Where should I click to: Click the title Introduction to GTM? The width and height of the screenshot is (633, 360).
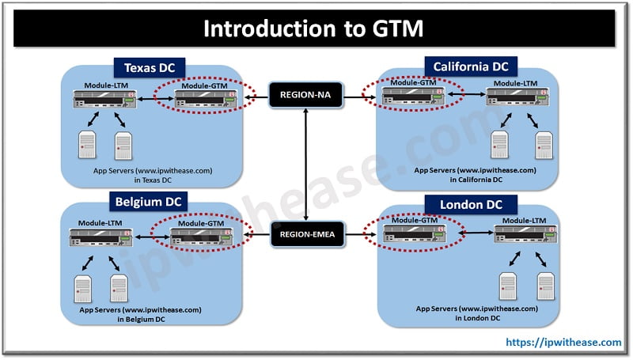click(315, 28)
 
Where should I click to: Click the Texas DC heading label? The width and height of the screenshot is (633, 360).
click(148, 67)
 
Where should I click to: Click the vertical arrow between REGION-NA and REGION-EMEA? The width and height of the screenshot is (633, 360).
click(305, 166)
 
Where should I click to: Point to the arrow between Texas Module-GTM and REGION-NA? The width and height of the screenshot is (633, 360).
click(256, 97)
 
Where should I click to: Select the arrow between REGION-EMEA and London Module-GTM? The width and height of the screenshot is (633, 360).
click(354, 233)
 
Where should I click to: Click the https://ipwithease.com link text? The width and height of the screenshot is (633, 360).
click(564, 342)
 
